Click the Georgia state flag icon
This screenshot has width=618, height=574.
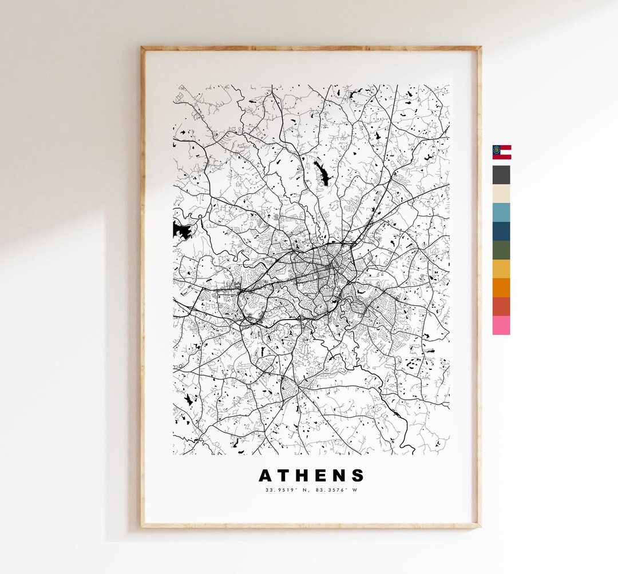(502, 152)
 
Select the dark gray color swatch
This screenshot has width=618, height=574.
(501, 175)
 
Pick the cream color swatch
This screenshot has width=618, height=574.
(501, 193)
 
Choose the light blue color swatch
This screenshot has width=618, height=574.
(501, 212)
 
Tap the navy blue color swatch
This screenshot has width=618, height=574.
(501, 231)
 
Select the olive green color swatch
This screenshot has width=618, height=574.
(501, 250)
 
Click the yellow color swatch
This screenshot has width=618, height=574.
(501, 269)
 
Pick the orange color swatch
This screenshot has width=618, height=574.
(501, 288)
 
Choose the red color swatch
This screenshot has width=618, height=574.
(501, 306)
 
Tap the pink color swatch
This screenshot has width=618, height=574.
(501, 325)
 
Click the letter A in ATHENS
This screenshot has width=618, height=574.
(266, 476)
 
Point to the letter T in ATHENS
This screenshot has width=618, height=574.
(286, 476)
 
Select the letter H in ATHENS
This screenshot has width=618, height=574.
(307, 476)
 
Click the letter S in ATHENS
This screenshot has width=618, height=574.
(359, 476)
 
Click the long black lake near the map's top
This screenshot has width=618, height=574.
(321, 172)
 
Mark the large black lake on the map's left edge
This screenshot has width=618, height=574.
(180, 231)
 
